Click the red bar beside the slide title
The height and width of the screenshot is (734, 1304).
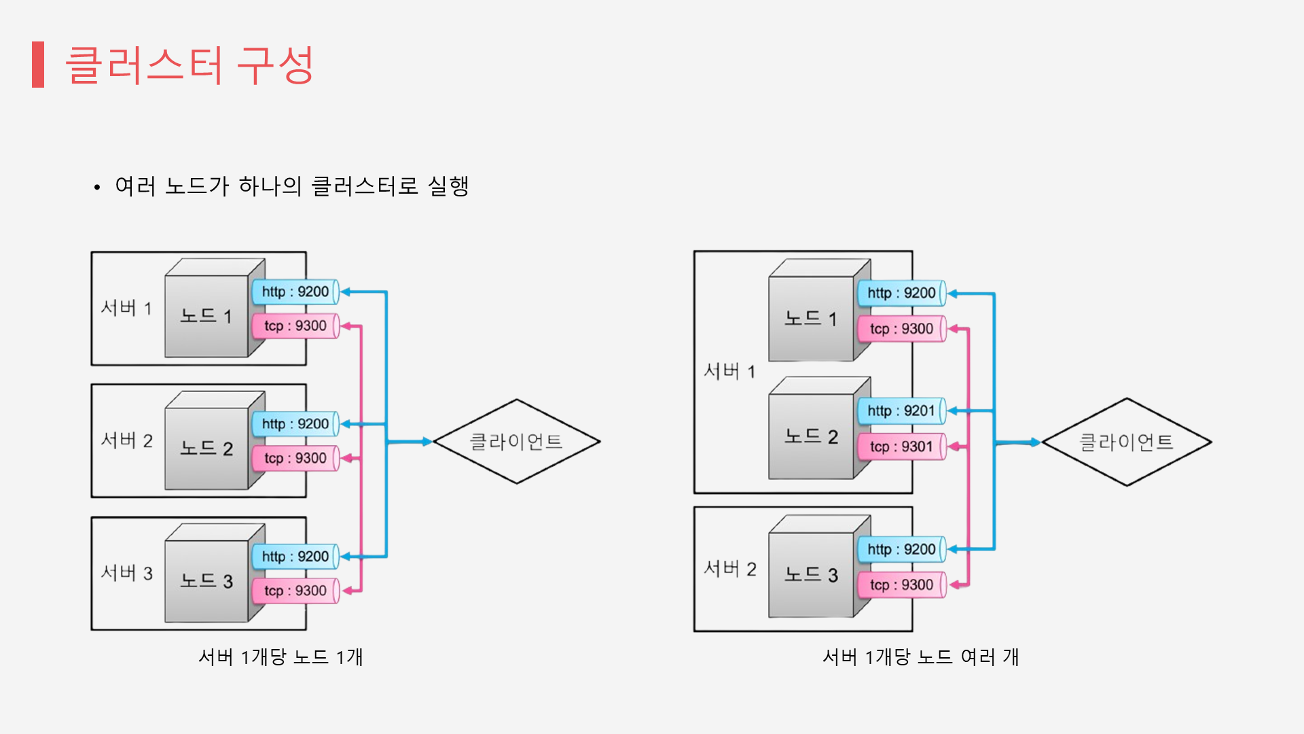(38, 65)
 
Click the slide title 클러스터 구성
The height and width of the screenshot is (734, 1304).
(189, 65)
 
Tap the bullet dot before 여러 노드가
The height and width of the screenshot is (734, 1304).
(97, 187)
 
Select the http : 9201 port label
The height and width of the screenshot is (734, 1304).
(901, 411)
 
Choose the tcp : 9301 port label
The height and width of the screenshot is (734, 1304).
(901, 447)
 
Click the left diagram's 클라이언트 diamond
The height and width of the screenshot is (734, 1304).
(516, 442)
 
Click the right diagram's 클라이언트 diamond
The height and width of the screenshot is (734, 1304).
(1126, 442)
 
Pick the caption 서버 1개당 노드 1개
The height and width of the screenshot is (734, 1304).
(280, 657)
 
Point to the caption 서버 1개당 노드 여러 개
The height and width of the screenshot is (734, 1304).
(920, 657)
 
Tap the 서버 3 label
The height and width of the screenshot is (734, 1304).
(127, 573)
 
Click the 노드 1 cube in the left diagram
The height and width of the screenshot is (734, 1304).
(206, 316)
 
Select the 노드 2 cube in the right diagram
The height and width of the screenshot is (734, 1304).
(811, 436)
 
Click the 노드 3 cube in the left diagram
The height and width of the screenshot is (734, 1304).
(206, 581)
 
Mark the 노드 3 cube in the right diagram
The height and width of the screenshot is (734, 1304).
(811, 575)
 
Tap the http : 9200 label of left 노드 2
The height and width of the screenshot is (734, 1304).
(295, 424)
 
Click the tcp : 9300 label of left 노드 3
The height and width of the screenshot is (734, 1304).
(295, 591)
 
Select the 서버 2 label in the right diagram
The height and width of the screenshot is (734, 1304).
(730, 569)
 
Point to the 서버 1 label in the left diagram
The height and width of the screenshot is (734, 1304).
(126, 308)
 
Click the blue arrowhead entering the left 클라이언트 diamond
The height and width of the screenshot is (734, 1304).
(427, 442)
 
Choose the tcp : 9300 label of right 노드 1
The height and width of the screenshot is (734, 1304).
(901, 329)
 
